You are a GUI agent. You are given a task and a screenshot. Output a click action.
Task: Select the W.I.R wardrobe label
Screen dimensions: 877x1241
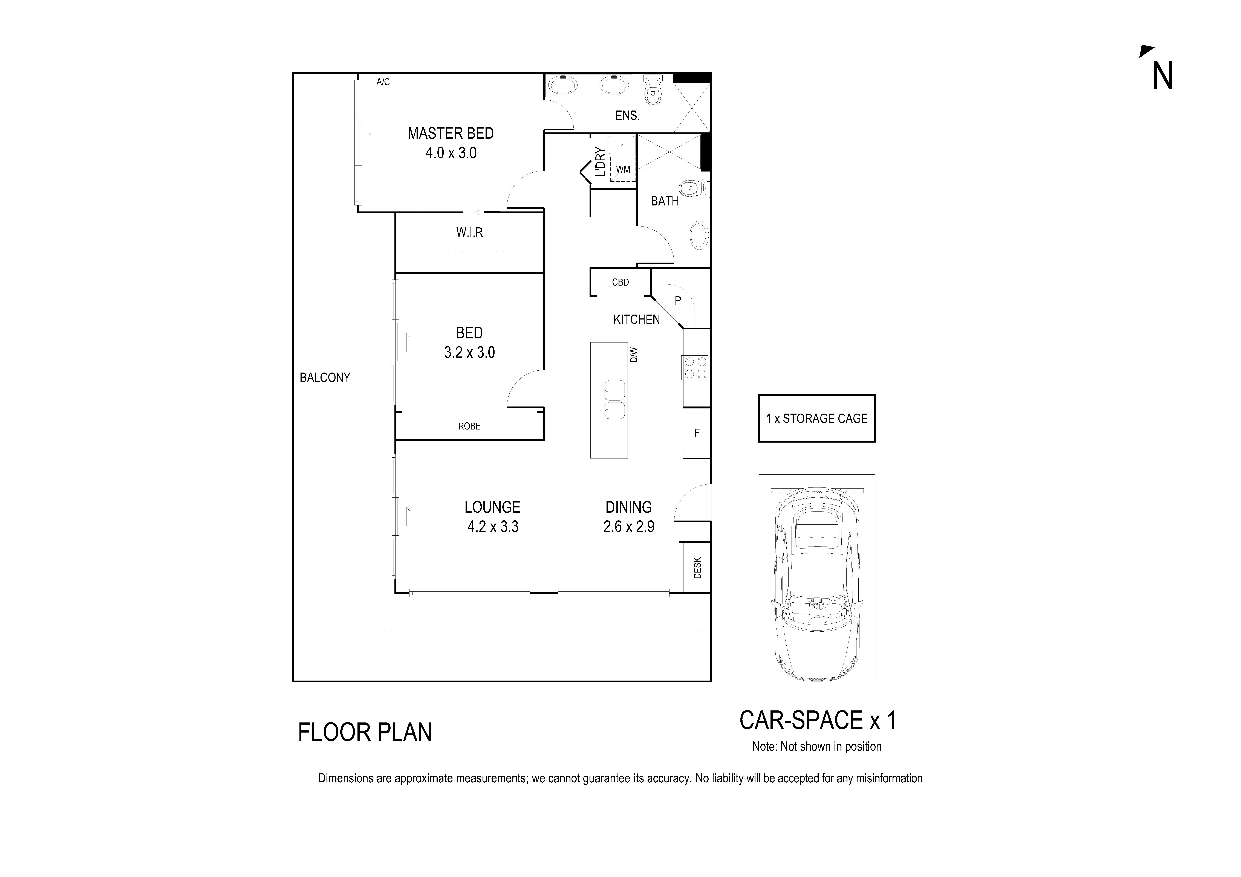469,232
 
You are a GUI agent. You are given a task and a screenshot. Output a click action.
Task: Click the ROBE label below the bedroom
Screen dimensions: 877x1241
469,426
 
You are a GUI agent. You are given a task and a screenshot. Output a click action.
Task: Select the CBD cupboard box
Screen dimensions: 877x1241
620,282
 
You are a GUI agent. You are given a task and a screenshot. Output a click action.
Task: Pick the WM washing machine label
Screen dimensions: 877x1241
623,169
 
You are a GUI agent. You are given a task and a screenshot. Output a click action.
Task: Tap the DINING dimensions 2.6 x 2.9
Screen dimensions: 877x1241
629,526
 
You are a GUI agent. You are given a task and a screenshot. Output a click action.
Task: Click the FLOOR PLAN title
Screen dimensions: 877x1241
365,732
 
